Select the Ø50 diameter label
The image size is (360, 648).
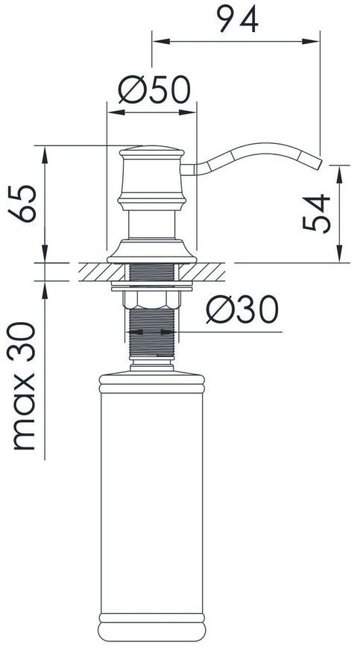point(154,89)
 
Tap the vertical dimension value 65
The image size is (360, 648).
point(22,204)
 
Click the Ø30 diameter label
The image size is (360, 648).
point(242,309)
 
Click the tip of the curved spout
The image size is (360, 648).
point(319,163)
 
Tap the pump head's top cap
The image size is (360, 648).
point(152,151)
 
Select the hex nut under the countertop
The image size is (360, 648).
point(152,299)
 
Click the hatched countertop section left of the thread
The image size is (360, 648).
point(101,272)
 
